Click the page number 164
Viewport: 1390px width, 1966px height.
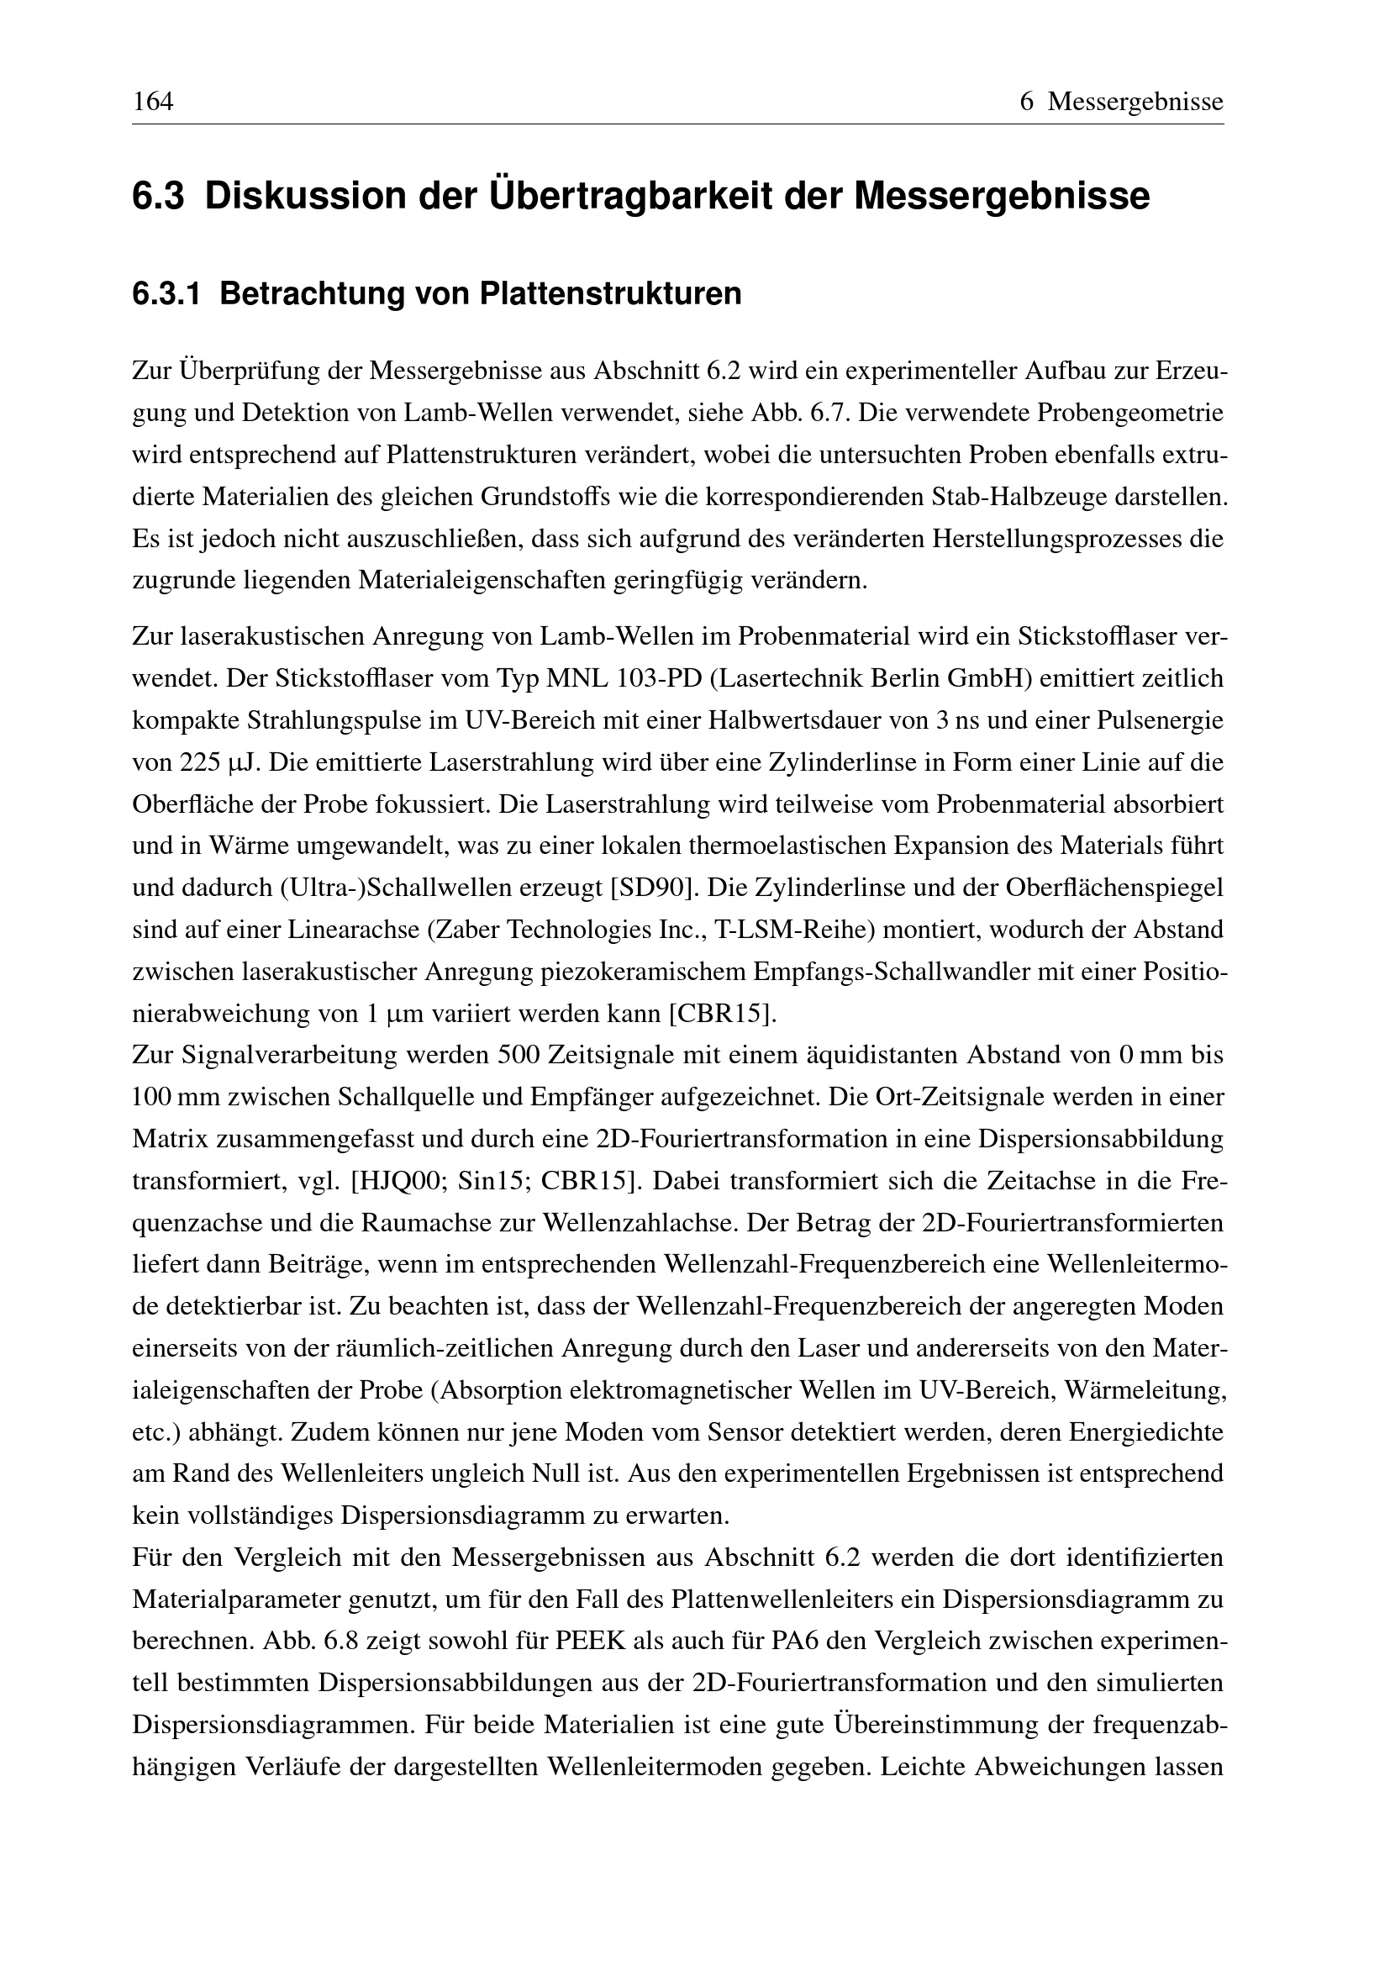153,103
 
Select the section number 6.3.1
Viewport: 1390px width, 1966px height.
166,293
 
